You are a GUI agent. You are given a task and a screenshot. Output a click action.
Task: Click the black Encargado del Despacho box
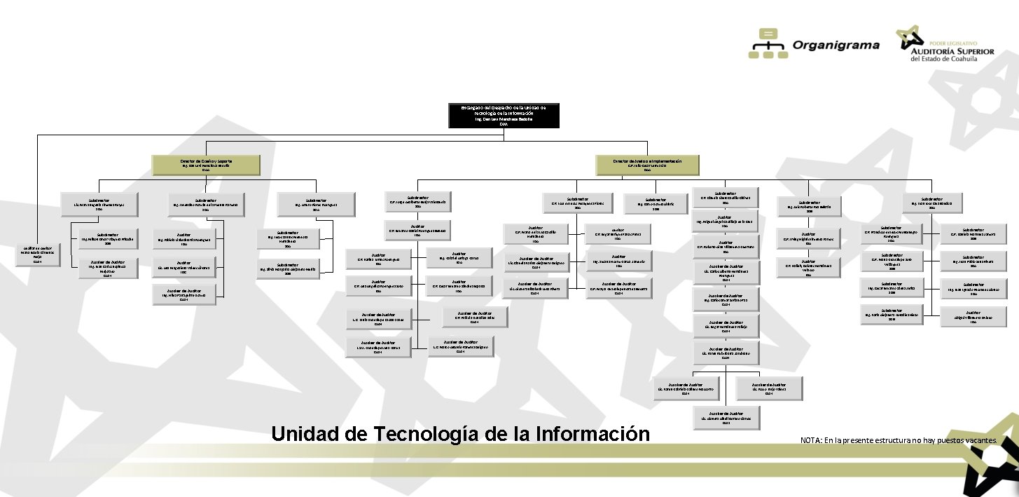[x=504, y=116]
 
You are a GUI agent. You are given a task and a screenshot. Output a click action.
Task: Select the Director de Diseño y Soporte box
[x=206, y=165]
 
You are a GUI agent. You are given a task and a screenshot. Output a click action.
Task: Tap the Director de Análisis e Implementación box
[x=647, y=165]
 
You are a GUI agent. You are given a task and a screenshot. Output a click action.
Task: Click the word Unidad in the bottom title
[x=306, y=433]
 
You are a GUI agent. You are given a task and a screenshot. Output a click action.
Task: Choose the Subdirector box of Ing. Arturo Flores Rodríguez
[x=316, y=203]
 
